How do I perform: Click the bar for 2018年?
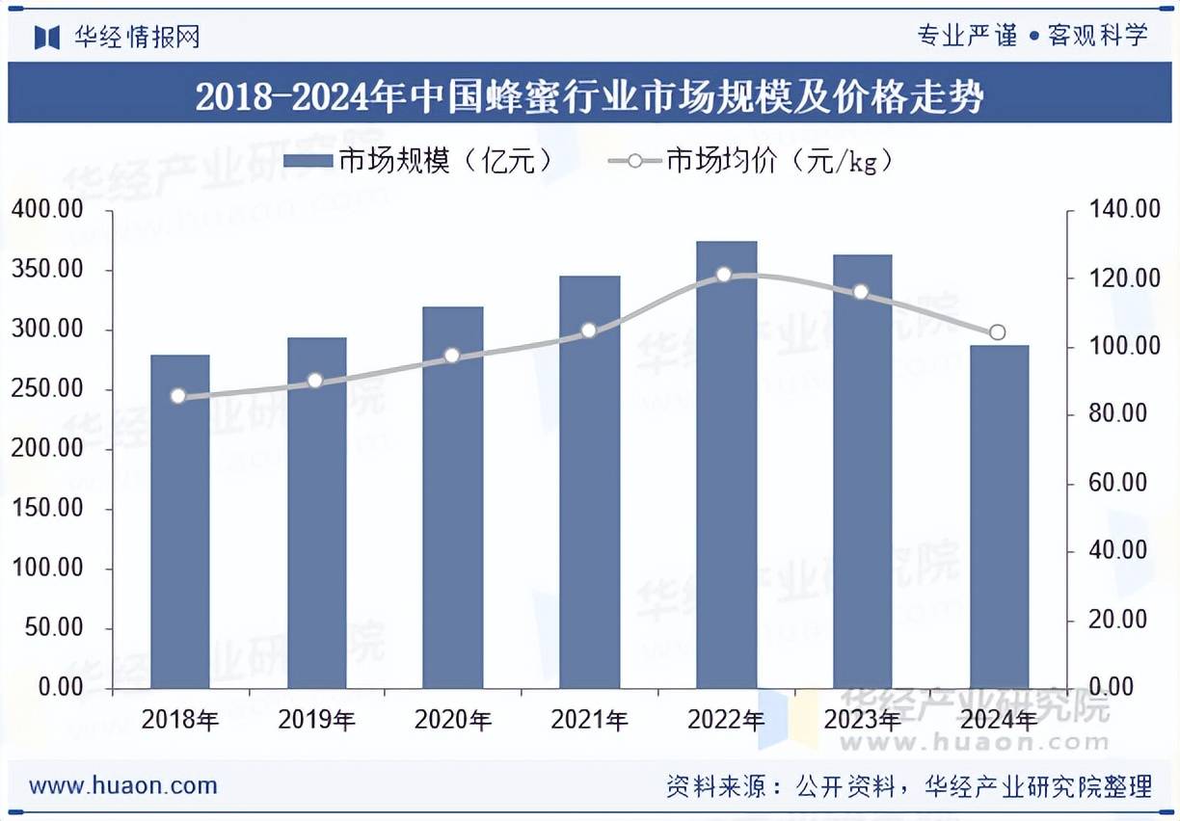point(180,521)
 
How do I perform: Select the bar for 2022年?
point(727,464)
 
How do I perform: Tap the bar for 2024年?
point(1000,516)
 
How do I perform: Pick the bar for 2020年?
point(453,497)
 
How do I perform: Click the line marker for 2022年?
point(725,275)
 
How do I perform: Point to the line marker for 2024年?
point(998,332)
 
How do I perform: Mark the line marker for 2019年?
point(315,381)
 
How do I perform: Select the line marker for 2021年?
point(589,331)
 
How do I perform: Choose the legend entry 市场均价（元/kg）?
point(752,161)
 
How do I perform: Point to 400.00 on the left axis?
point(48,210)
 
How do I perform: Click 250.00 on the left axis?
point(48,389)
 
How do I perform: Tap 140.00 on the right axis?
point(1118,210)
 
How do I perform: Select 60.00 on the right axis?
point(1118,483)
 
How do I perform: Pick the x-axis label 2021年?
point(589,720)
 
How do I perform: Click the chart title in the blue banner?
point(589,96)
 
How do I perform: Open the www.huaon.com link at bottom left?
point(123,785)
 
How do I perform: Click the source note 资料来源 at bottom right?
point(908,786)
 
